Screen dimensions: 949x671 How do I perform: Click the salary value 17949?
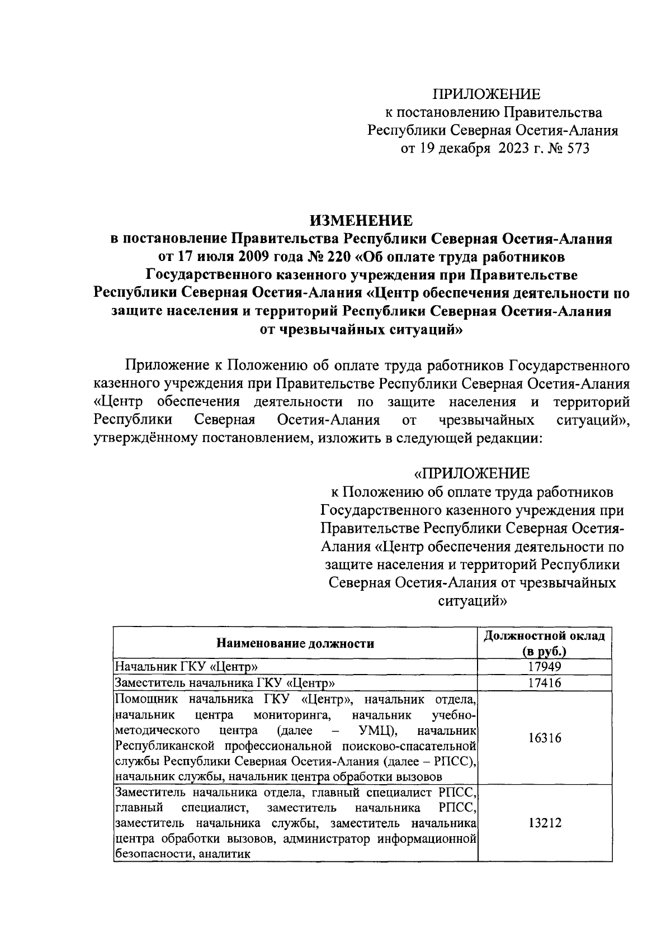[544, 667]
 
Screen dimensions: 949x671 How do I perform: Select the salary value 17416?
[544, 683]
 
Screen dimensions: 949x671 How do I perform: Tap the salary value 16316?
[544, 738]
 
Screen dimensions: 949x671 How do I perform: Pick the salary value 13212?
[544, 823]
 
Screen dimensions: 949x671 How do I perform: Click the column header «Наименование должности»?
[295, 644]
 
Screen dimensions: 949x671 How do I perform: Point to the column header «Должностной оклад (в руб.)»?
[544, 644]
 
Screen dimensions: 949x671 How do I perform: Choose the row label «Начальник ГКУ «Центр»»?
[186, 667]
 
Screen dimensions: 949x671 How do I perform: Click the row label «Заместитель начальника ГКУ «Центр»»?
[225, 683]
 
